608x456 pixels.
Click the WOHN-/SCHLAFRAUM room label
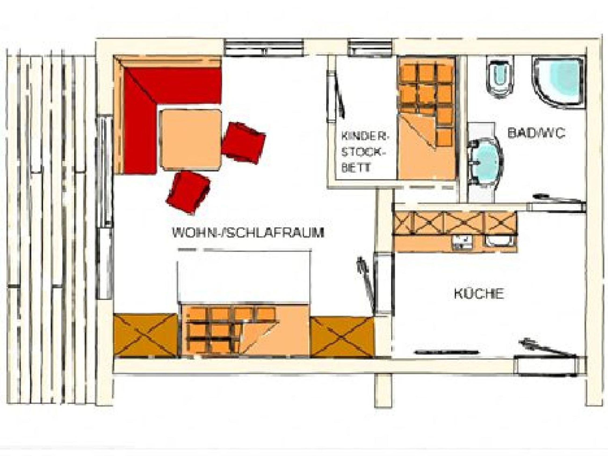tap(248, 233)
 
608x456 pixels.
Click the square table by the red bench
tap(191, 139)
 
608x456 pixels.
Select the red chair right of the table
tap(243, 143)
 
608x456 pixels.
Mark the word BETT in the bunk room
tap(356, 168)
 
